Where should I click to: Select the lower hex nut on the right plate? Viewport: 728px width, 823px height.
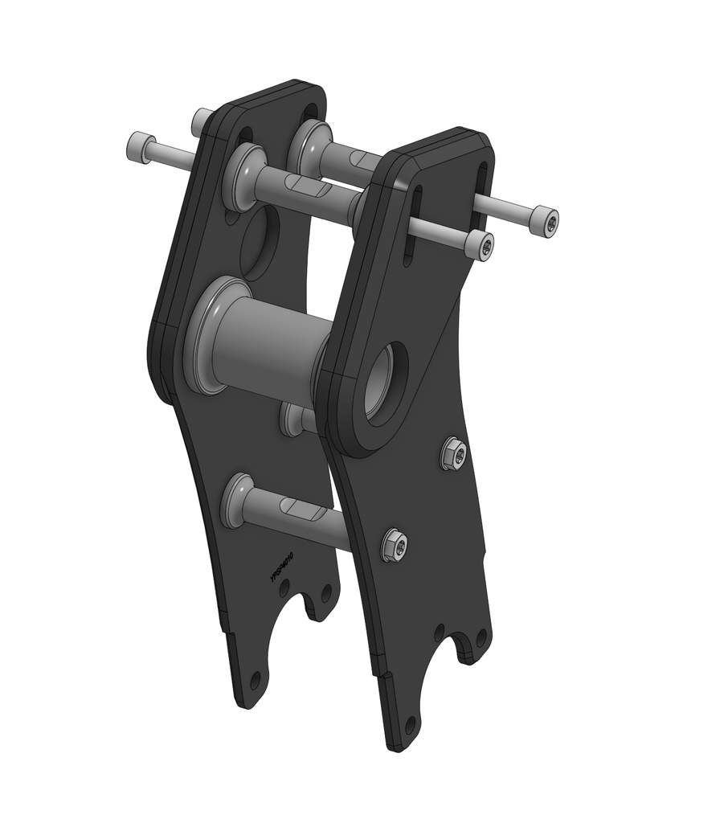click(x=395, y=546)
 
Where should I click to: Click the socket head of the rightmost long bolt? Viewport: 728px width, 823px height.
click(x=547, y=220)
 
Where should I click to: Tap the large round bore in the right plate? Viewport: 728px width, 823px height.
click(x=386, y=382)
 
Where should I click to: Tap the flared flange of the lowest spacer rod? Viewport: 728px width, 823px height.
click(x=238, y=500)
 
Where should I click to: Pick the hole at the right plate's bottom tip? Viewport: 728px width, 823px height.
click(x=411, y=727)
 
